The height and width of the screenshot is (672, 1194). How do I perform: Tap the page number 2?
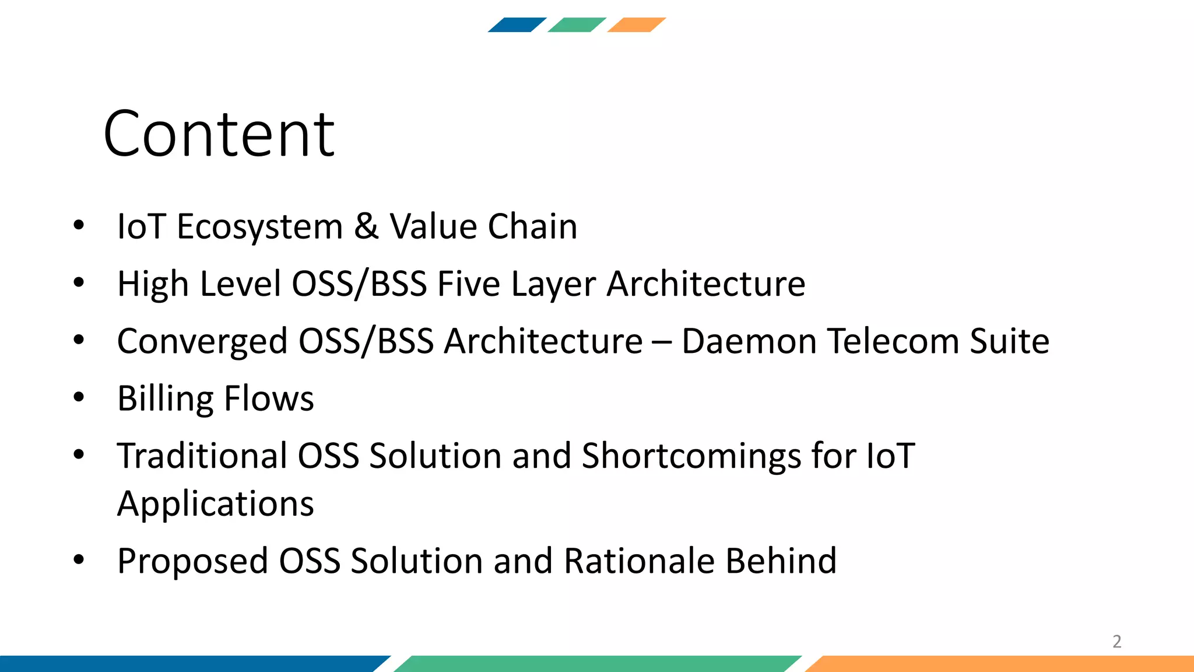click(x=1116, y=641)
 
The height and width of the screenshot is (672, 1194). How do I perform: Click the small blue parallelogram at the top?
click(x=517, y=24)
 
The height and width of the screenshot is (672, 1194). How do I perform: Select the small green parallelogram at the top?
click(x=577, y=24)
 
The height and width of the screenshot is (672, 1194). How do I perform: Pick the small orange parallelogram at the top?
click(x=636, y=24)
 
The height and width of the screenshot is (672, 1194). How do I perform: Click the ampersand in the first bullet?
click(x=366, y=226)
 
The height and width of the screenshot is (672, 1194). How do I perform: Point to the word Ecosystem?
click(x=259, y=228)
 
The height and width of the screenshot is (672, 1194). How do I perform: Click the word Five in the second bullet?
click(x=468, y=284)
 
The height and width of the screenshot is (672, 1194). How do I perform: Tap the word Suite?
click(x=1009, y=341)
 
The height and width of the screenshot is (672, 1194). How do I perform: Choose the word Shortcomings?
click(x=691, y=456)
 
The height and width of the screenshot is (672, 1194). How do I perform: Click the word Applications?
click(x=215, y=504)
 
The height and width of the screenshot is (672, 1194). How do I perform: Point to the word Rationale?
click(x=640, y=561)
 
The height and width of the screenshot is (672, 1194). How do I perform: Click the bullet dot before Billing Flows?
click(x=79, y=398)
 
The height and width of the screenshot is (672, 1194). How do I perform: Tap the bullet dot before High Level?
click(x=79, y=283)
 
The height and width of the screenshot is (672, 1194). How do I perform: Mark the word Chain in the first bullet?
click(x=532, y=226)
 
